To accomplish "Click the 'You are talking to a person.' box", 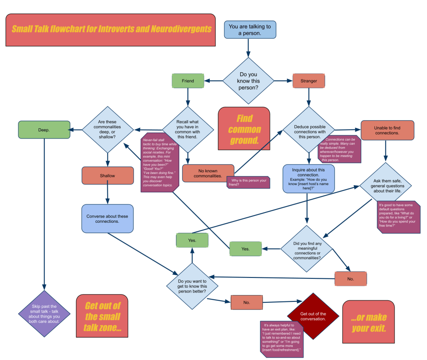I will coord(250,30).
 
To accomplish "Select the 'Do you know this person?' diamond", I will coord(248,80).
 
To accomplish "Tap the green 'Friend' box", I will coord(188,81).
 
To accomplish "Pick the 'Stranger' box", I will coord(309,81).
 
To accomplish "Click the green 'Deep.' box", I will coord(44,130).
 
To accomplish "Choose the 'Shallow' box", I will coord(107,176).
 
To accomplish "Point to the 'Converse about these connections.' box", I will coord(107,218).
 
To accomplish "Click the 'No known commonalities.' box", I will coord(208,173).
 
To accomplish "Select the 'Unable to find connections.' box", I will coord(387,130).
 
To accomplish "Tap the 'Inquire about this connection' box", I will coord(308,178).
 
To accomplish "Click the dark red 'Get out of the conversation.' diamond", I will coord(313,316).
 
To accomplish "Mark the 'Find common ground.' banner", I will coord(244,129).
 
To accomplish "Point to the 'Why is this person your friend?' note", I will coord(248,182).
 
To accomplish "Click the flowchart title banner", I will coord(110,30).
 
